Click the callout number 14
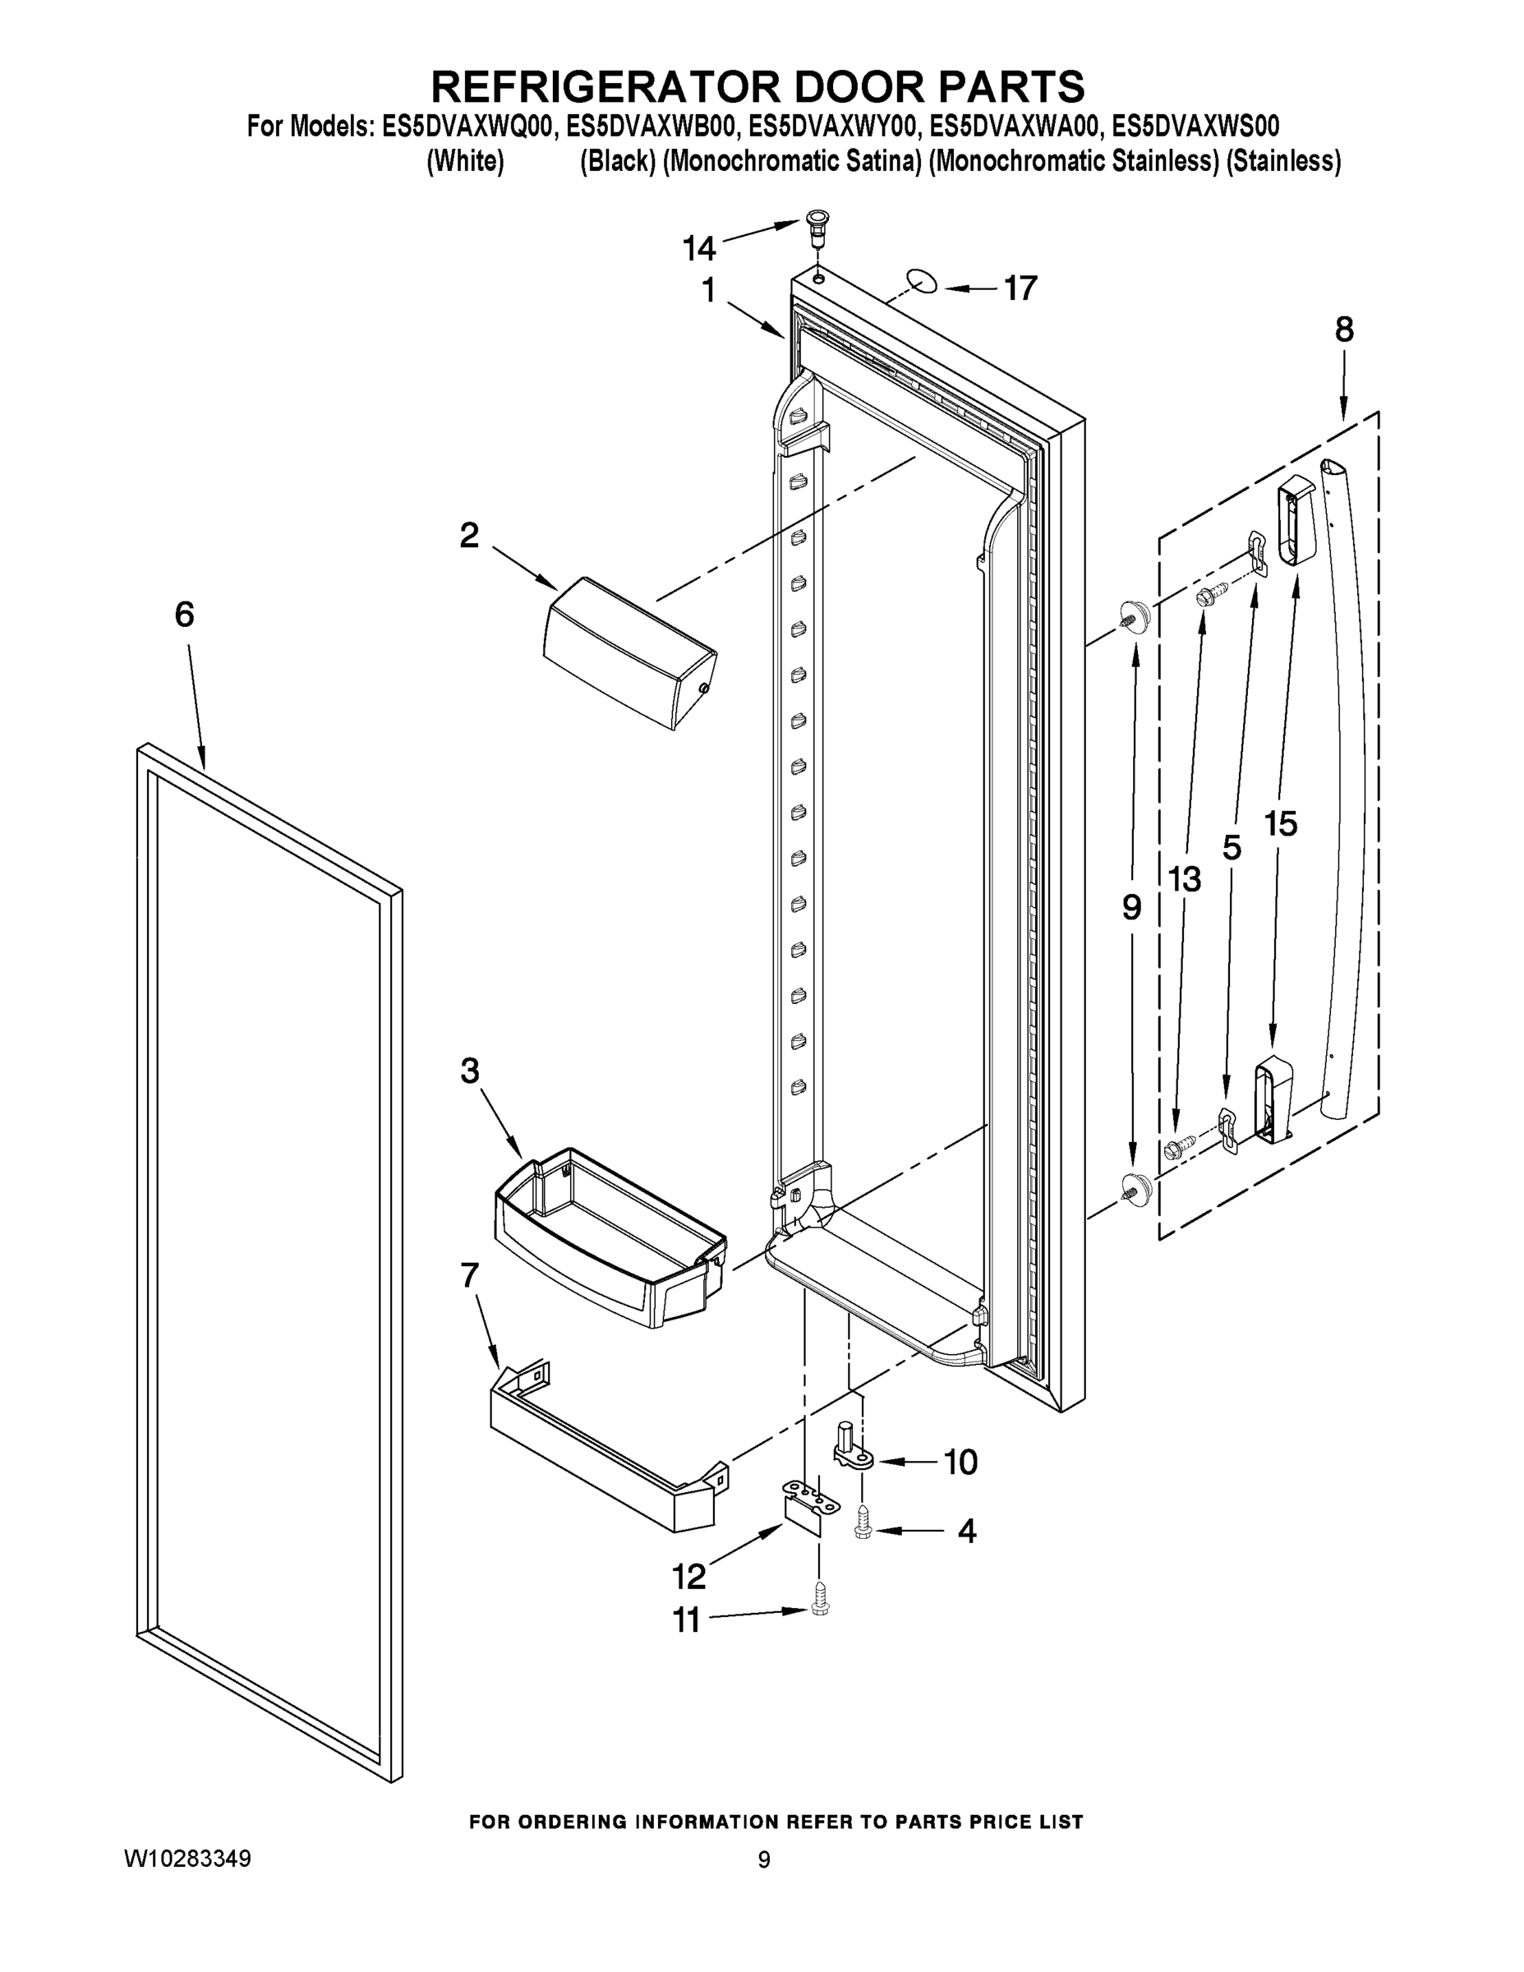(x=699, y=246)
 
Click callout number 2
(x=468, y=535)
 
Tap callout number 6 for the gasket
(x=184, y=614)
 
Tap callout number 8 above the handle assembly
(x=1343, y=329)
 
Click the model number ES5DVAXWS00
(x=1195, y=126)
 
